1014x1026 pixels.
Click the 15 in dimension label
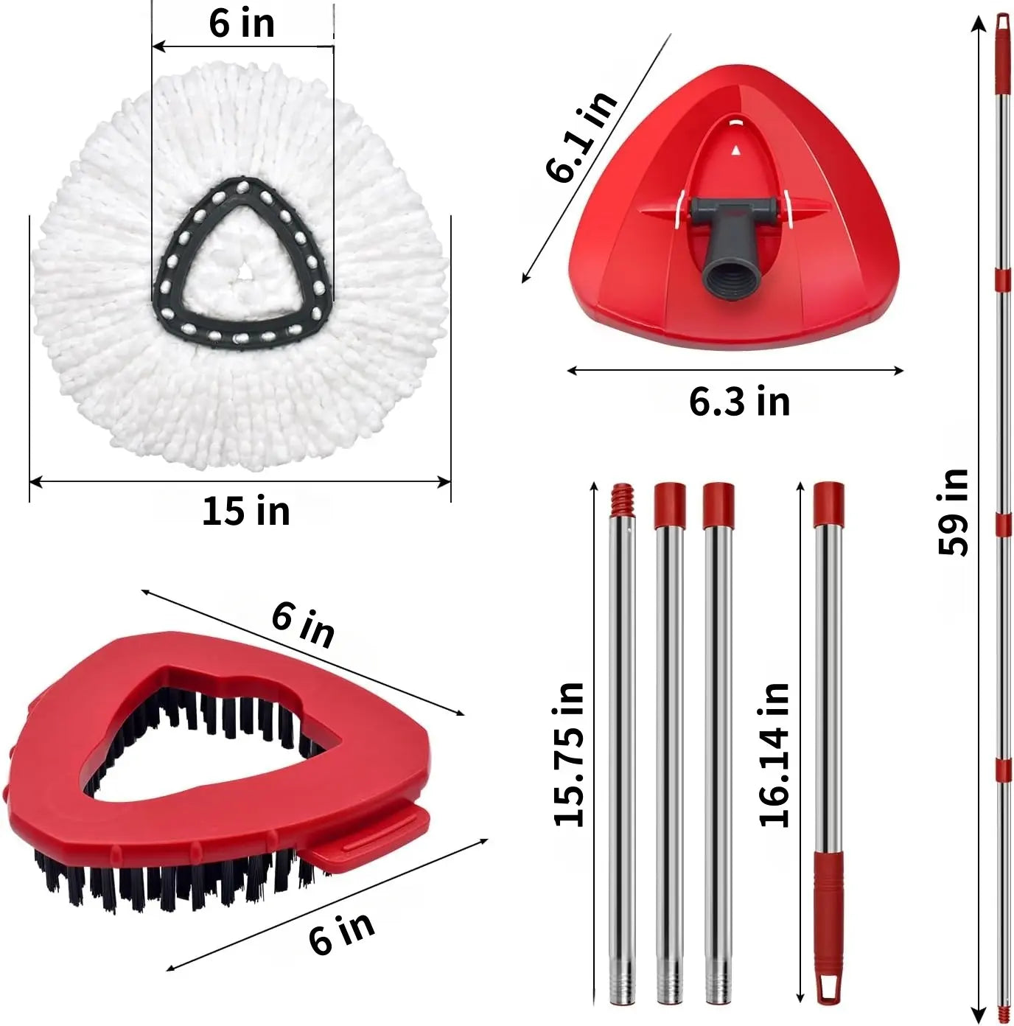tap(246, 511)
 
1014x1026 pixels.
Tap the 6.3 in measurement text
tap(740, 402)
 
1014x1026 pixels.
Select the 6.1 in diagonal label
tap(581, 137)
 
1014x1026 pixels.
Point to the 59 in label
tap(953, 512)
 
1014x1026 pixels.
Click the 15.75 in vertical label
tap(570, 755)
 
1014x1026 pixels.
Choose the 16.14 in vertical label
tap(774, 755)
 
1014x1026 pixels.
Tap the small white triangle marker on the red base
tap(736, 150)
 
